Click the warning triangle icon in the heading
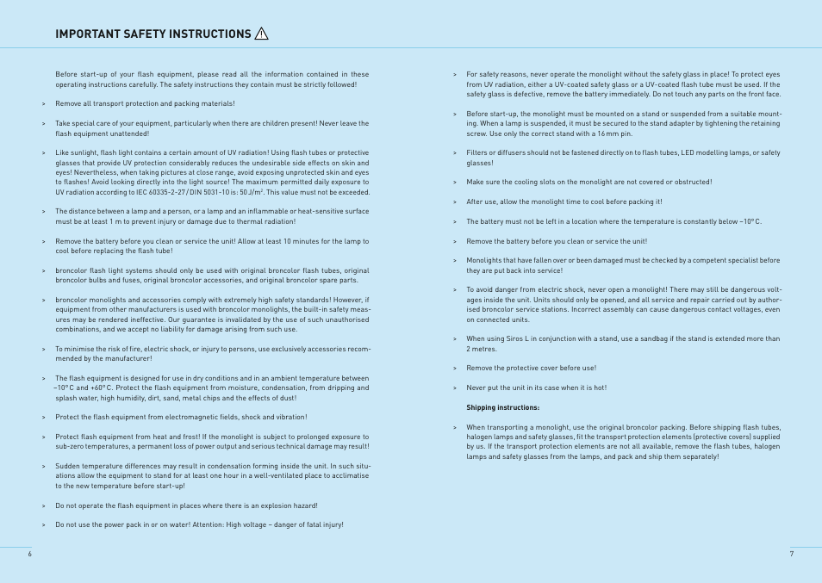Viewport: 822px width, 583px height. pyautogui.click(x=262, y=34)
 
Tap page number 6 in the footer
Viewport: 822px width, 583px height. pyautogui.click(x=29, y=554)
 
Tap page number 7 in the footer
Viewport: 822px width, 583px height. pyautogui.click(x=791, y=554)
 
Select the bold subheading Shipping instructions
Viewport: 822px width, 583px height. pyautogui.click(x=502, y=407)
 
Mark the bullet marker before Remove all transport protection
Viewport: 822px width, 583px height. pyautogui.click(x=42, y=104)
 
